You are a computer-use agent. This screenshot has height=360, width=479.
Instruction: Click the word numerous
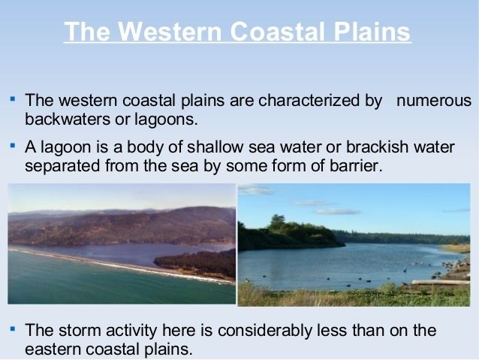(x=434, y=100)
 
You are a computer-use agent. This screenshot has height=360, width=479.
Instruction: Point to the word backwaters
(x=68, y=119)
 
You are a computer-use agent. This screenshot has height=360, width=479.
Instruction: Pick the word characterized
(x=309, y=100)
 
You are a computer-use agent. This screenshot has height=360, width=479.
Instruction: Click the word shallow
(x=215, y=147)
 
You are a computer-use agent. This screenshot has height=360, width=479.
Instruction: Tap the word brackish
(x=377, y=147)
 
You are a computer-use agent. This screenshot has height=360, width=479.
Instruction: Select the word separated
(x=62, y=166)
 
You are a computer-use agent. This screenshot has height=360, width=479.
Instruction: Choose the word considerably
(x=264, y=331)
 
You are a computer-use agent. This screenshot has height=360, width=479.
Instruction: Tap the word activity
(x=131, y=331)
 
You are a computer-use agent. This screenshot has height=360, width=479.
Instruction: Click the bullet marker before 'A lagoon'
(x=13, y=146)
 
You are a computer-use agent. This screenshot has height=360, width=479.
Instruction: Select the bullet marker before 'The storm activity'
(x=13, y=329)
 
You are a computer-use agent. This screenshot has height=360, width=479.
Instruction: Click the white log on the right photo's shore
(x=440, y=282)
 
